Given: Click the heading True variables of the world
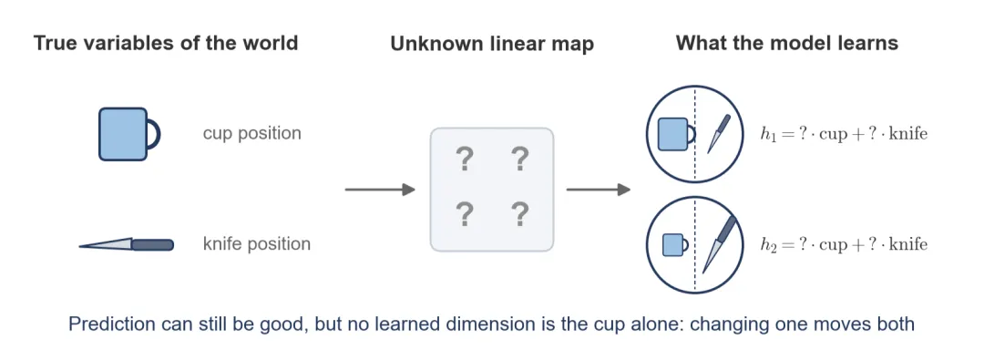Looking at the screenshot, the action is (166, 44).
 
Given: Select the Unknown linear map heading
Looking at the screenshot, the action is (492, 45).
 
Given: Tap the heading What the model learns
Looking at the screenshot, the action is (787, 44).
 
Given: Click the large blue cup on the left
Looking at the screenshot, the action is (129, 134).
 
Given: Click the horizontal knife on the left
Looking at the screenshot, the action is (126, 244).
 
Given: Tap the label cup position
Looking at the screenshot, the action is (251, 134).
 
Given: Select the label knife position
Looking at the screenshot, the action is (257, 243).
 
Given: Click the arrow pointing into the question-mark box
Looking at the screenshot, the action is (380, 189).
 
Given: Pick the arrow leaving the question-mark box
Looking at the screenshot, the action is (598, 189).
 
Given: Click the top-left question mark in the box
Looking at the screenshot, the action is (464, 160).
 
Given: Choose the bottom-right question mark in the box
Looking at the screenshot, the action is (519, 215).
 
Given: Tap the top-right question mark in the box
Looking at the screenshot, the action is (519, 160).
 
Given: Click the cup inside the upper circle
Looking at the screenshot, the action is (676, 135).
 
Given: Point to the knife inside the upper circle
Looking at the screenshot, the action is (719, 133).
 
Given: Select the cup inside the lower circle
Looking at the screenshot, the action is (675, 245).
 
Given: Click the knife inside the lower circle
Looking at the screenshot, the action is (719, 244).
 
